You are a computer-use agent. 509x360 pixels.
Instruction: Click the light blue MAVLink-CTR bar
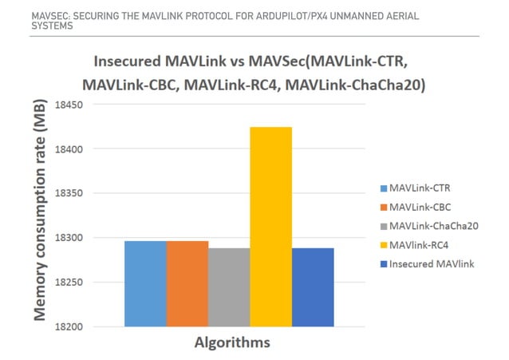point(146,283)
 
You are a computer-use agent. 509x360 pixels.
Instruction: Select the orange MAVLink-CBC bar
point(187,283)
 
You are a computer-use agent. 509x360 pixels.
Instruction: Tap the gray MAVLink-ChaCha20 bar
point(229,287)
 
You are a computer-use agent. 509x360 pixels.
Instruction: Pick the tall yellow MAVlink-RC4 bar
point(271,227)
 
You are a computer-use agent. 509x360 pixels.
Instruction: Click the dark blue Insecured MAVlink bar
point(313,287)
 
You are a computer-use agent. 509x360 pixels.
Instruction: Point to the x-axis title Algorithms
point(233,343)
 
